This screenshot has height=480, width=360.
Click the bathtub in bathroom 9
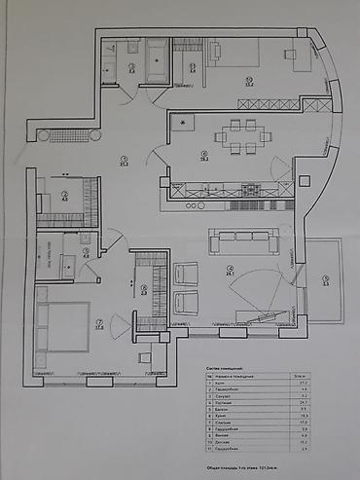click(x=156, y=60)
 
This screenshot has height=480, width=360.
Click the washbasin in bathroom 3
click(x=69, y=261)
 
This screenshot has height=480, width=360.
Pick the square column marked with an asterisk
click(x=182, y=125)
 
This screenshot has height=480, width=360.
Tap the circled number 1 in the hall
click(x=125, y=161)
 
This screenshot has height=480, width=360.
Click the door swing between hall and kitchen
click(x=156, y=156)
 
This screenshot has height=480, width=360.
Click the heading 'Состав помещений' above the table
click(x=227, y=370)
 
